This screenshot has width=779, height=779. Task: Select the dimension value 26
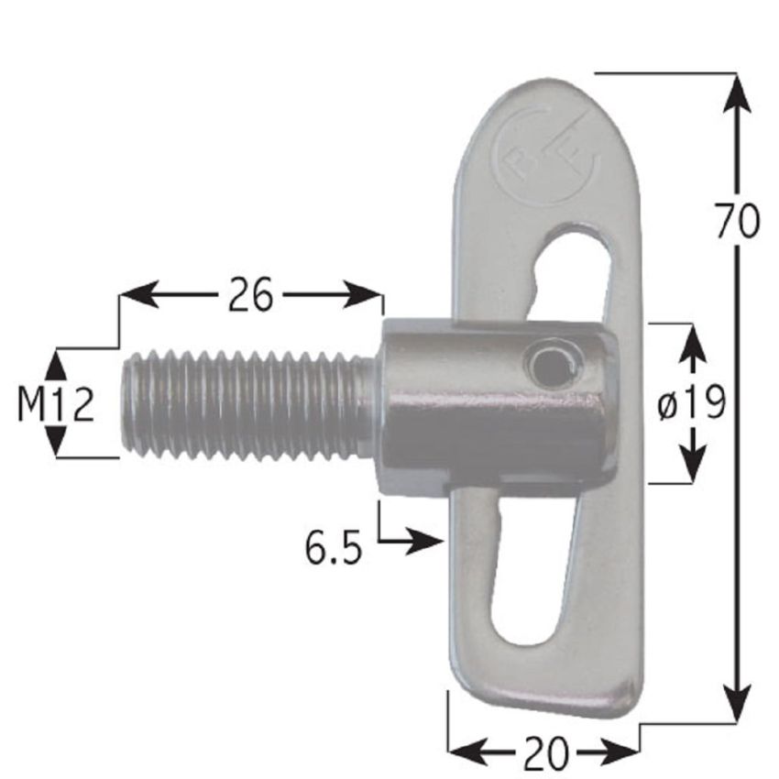250,296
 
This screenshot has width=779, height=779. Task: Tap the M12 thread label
56,404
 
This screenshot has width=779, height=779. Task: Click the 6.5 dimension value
334,550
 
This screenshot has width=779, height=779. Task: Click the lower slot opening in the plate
536,577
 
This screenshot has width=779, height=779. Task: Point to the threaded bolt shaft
247,405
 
